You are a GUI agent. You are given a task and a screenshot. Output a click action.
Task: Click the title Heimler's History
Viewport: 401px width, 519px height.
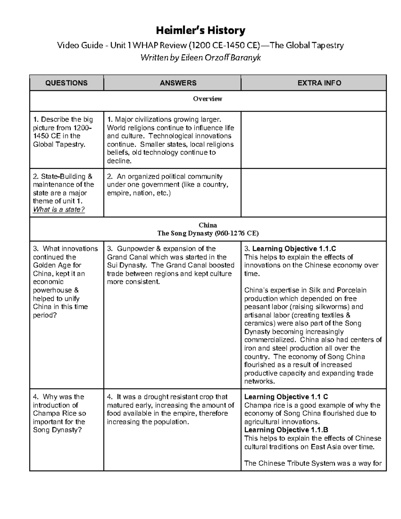pos(200,31)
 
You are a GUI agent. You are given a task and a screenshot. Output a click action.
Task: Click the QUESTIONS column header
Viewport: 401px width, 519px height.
pos(66,83)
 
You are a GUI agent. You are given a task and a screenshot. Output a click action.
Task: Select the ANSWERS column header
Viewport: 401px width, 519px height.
pos(178,83)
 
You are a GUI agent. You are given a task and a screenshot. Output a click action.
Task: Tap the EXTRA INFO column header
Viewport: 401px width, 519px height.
pos(319,83)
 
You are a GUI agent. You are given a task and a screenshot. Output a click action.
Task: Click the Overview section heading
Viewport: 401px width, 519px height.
pos(208,99)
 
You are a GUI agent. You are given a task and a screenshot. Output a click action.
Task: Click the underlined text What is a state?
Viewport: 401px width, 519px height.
pos(59,210)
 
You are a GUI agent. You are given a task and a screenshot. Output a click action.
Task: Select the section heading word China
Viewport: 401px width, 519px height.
pos(208,225)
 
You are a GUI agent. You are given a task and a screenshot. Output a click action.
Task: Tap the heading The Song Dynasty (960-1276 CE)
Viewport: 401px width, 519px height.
pos(208,233)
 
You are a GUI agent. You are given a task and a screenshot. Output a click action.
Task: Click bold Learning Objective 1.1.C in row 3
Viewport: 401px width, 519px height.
pos(294,249)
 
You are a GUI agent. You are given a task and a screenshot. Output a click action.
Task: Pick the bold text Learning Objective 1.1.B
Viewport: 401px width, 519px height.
pos(286,430)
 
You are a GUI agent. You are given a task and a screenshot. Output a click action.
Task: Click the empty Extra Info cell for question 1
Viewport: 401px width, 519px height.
pos(313,140)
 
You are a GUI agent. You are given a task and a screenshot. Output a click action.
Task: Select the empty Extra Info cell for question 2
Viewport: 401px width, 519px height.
pos(313,192)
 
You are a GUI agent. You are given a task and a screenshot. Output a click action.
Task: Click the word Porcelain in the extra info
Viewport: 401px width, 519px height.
pos(352,290)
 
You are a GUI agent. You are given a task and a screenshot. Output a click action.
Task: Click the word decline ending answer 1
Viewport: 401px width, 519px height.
pos(118,161)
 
